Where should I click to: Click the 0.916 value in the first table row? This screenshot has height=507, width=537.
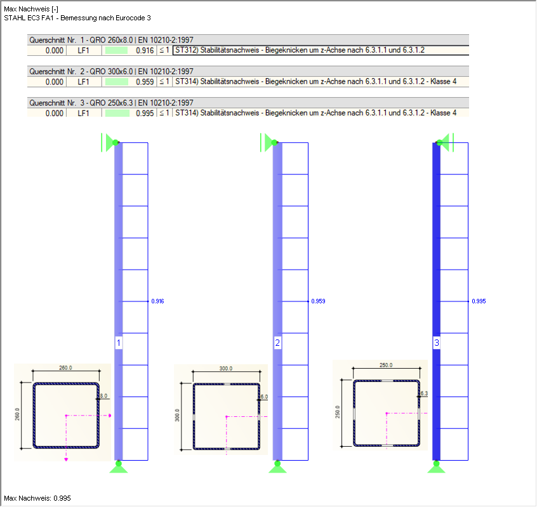(145, 50)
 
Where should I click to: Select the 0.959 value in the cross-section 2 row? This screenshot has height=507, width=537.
(145, 82)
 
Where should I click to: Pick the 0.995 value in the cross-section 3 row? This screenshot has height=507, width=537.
(145, 113)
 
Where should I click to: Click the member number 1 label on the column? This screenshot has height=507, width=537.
(118, 343)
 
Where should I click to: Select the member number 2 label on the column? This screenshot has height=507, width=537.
(277, 343)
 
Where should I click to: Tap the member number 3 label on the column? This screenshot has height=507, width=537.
(436, 343)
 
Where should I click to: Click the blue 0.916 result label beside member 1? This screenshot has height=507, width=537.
(158, 301)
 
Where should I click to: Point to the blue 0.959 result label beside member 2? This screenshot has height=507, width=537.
(319, 301)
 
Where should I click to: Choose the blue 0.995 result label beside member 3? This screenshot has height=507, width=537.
(479, 301)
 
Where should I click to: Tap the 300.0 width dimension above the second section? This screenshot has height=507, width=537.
(225, 369)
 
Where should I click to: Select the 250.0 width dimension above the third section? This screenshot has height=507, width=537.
(386, 365)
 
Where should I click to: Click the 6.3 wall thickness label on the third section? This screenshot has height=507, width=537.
(425, 394)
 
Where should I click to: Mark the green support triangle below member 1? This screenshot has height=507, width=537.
(117, 468)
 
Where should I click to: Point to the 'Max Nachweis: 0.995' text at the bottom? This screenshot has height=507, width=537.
(37, 498)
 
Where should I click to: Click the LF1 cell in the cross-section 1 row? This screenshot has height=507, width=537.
(83, 50)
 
